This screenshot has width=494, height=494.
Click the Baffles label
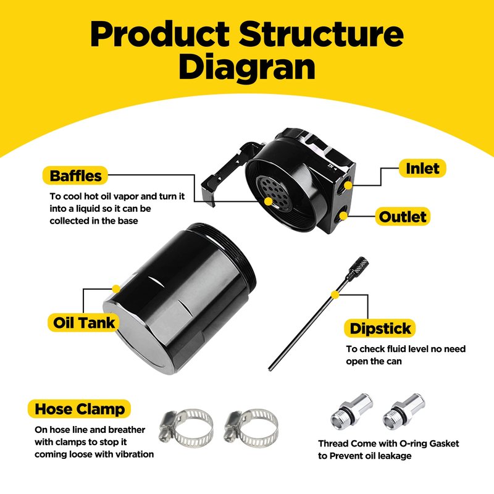[75, 175]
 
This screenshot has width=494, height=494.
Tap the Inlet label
[422, 169]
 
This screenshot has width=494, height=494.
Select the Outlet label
[403, 217]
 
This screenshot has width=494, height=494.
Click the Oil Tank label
[85, 322]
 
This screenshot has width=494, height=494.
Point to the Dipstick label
[380, 329]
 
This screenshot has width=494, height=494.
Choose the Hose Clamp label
[80, 409]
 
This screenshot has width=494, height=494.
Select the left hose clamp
[185, 427]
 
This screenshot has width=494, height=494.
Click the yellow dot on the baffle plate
[268, 201]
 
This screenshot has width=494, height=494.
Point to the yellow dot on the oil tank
[116, 288]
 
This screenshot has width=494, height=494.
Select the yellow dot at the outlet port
[344, 217]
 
